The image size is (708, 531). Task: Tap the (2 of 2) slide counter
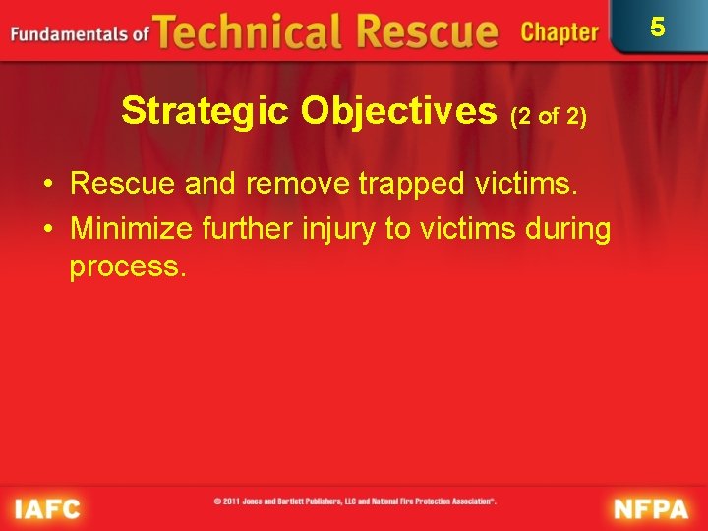pos(549,116)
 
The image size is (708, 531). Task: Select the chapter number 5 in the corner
pos(658,27)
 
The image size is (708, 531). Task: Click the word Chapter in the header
pos(560,32)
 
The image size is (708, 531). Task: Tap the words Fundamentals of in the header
pos(80,34)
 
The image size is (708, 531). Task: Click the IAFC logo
pos(47,508)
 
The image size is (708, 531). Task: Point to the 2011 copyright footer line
pos(355,501)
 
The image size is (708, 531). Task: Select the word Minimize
pos(132,229)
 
